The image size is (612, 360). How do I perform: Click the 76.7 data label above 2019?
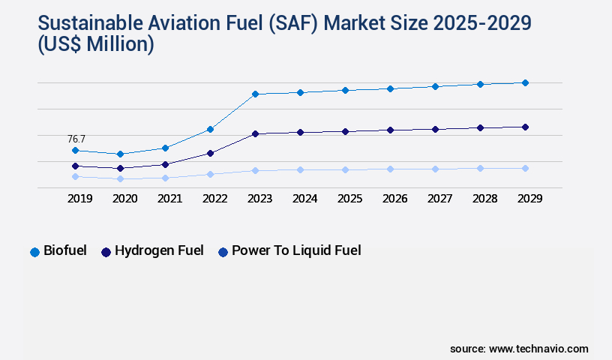[x=76, y=139]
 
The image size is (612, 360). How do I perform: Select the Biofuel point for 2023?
[x=255, y=94]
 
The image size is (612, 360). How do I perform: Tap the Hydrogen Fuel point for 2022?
[x=210, y=153]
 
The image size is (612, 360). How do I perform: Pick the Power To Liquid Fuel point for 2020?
[x=120, y=178]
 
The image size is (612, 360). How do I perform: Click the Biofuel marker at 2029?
[x=525, y=82]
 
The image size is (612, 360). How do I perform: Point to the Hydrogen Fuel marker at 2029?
[x=525, y=127]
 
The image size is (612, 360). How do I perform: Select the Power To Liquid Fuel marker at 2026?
[x=390, y=169]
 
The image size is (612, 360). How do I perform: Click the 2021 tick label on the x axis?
[x=169, y=199]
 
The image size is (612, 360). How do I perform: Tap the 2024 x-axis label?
[x=304, y=199]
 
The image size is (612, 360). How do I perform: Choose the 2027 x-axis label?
[x=439, y=199]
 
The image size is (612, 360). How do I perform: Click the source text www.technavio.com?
[x=538, y=349]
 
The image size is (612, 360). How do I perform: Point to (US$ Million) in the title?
[x=94, y=45]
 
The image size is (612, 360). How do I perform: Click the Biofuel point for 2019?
[x=75, y=150]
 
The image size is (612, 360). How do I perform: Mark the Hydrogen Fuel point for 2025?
[x=345, y=131]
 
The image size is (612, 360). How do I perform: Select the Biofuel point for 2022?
[x=210, y=129]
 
